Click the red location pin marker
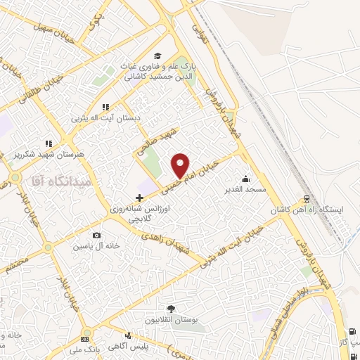(181, 165)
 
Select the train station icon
(307, 199)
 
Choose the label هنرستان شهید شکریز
(49, 153)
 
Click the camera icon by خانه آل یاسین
(96, 235)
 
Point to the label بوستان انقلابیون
(170, 320)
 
